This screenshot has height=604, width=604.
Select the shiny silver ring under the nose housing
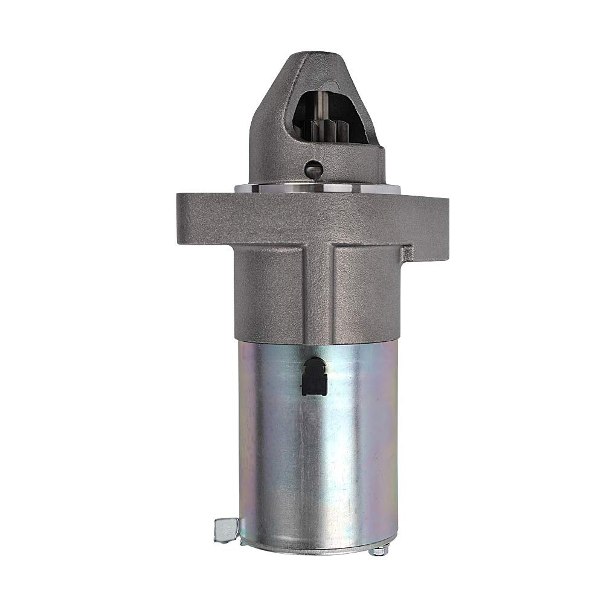(317, 188)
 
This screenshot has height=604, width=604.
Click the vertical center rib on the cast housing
(320, 290)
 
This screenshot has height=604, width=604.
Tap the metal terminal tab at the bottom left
(225, 530)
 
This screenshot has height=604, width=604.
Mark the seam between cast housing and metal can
(317, 341)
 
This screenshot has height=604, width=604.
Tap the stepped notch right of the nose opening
(381, 154)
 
